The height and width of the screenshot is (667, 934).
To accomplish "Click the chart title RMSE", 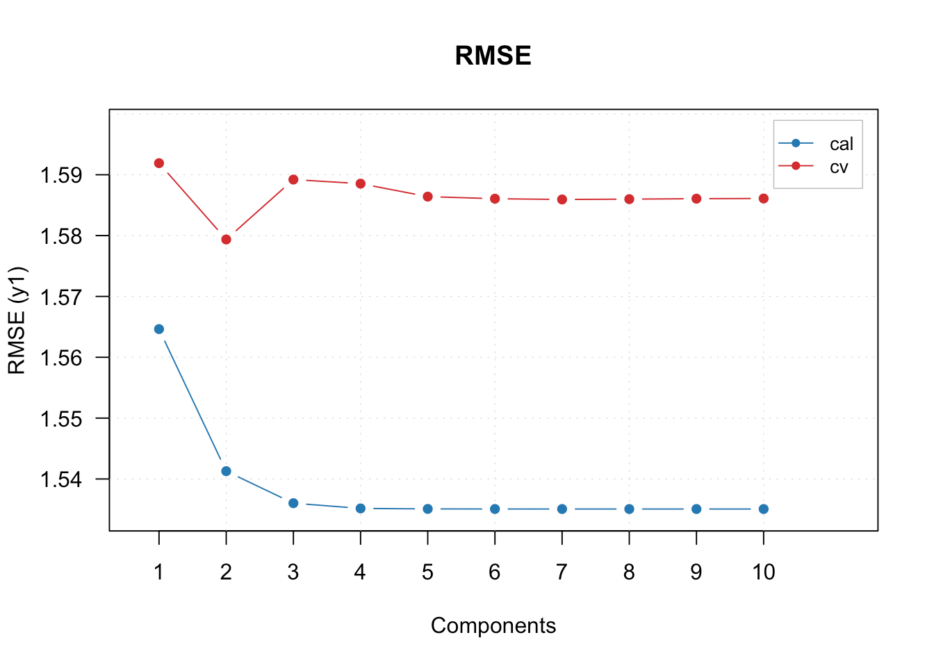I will pos(493,56).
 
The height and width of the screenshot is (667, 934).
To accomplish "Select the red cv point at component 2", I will pos(226,240).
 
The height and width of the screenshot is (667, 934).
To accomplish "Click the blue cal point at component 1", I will pos(159,329).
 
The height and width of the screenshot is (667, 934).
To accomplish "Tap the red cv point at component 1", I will pos(159,163).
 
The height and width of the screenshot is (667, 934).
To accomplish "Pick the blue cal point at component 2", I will pos(226,471).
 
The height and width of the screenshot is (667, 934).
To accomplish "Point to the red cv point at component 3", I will pos(293,179).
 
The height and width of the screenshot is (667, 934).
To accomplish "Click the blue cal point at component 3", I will pos(293,503).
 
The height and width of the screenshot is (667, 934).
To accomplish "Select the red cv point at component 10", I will pos(764,199).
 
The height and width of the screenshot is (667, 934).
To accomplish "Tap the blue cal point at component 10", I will pos(764,509).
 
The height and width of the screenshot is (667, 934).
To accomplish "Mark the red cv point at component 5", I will pos(427,197).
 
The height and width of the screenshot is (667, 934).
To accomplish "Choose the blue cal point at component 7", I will pos(562,509).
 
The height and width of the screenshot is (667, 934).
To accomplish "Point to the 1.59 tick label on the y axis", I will pos(62,175).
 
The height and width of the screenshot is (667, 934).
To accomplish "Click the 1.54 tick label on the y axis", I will pos(62,479).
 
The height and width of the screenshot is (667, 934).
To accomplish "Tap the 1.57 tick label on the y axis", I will pos(62,297).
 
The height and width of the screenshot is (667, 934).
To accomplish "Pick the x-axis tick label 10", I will pos(764,572).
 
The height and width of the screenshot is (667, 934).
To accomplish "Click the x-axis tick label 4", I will pos(360,572).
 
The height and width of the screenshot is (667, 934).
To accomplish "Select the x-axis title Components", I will pos(493,625).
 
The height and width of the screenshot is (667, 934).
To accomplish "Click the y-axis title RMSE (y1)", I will pos(17,320).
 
